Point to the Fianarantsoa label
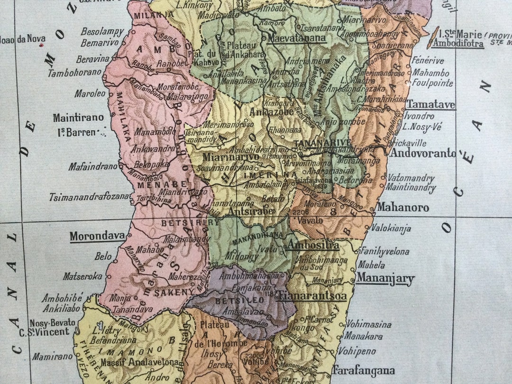pos(312,296)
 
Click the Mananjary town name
pos(385,278)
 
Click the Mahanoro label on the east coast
pos(402,208)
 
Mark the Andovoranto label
pos(423,154)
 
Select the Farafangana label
pos(363,370)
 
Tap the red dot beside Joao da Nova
pos(41,45)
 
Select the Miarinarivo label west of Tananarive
pos(231,157)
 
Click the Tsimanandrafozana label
pos(90,197)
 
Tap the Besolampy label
pos(102,32)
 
